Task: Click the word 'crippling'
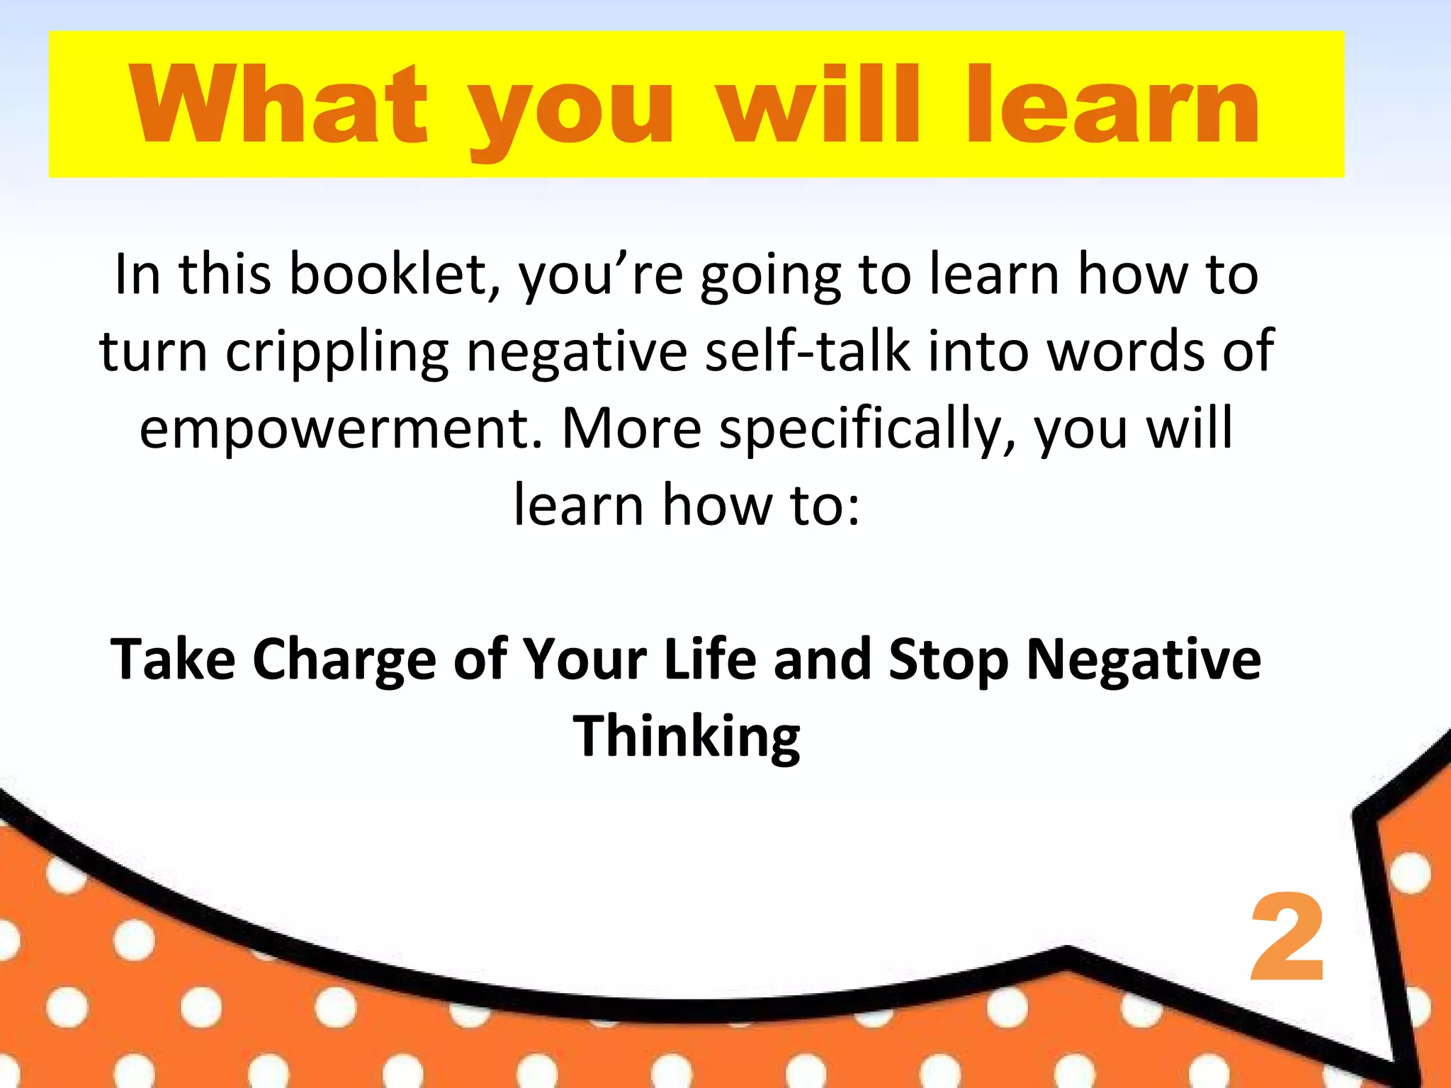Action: tap(337, 351)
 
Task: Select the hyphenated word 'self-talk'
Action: tap(808, 351)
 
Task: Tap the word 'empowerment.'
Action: tap(341, 429)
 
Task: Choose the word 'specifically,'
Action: tap(868, 429)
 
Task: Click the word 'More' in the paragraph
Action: tap(631, 429)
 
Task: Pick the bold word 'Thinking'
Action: tap(687, 737)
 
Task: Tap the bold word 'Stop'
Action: tap(949, 660)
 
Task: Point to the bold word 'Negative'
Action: tap(1144, 660)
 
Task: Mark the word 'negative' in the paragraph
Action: tap(577, 351)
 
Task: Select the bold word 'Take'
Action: tap(173, 659)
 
